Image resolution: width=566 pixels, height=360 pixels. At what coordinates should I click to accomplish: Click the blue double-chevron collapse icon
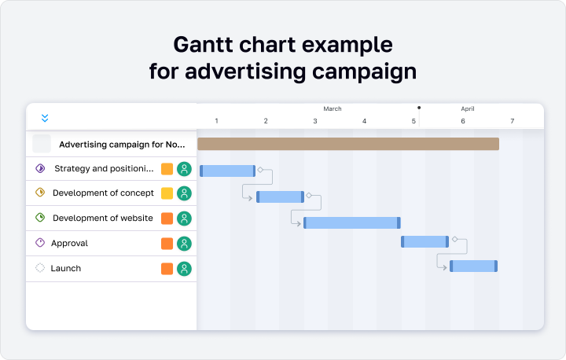point(45,118)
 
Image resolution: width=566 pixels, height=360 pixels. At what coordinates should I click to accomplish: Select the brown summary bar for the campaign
point(348,144)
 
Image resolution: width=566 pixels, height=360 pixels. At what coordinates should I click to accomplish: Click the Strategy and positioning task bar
point(228,171)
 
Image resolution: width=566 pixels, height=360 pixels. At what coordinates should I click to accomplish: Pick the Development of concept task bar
point(280,197)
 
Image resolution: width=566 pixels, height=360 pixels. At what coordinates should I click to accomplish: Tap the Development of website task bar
point(352,222)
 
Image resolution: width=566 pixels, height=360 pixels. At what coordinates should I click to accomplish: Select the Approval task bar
point(424,241)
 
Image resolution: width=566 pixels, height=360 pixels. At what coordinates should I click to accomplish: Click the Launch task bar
point(473,266)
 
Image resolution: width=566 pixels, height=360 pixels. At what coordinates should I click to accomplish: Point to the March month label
point(333,108)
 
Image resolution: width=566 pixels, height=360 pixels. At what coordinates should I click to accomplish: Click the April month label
point(468,108)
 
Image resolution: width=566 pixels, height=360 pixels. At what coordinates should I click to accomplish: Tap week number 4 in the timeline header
point(364,121)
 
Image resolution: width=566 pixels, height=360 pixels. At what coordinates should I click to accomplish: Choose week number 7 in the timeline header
point(513,121)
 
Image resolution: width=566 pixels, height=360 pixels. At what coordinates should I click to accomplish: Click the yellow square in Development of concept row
point(167,193)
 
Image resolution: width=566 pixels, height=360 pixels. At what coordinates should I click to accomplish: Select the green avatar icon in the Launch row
point(184,269)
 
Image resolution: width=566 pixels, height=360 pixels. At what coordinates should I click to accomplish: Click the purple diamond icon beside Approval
point(40,243)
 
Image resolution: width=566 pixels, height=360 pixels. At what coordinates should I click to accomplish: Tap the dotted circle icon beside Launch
point(40,268)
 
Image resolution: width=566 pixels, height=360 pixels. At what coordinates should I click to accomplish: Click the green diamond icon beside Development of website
point(40,218)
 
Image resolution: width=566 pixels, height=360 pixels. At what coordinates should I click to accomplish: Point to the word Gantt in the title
point(203,45)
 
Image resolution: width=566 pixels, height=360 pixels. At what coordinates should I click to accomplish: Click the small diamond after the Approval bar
point(455,239)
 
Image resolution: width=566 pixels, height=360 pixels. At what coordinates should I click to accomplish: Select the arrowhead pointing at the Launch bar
point(445,267)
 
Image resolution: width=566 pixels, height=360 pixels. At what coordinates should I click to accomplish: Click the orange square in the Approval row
point(167,244)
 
